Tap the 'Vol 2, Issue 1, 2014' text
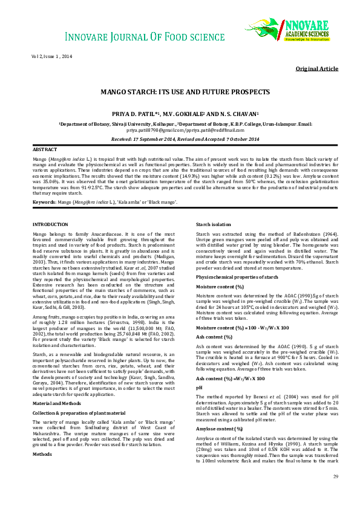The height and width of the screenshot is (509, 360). pyautogui.click(x=52, y=56)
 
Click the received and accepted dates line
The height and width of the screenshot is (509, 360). pyautogui.click(x=180, y=138)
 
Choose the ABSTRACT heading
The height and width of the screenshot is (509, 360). pyautogui.click(x=45, y=149)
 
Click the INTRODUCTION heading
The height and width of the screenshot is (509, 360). pyautogui.click(x=50, y=224)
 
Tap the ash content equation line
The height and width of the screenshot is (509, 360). pyautogui.click(x=231, y=378)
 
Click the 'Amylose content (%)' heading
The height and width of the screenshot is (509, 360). pyautogui.click(x=219, y=429)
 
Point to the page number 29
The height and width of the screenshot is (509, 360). pyautogui.click(x=335, y=493)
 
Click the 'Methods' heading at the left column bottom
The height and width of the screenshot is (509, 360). pyautogui.click(x=42, y=419)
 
